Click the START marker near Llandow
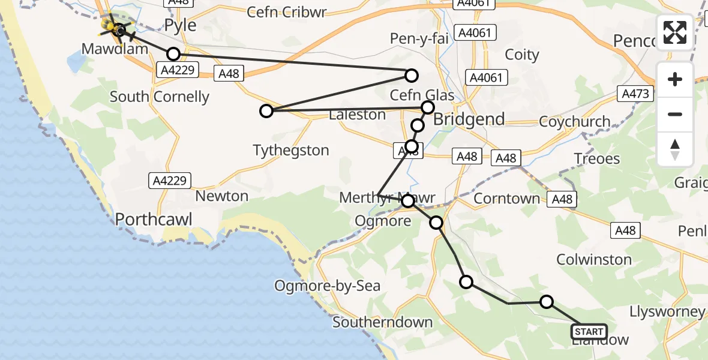coord(589,332)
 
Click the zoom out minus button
coord(675,114)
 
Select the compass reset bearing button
coord(675,149)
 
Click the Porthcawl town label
coord(154,220)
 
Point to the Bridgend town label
coord(469,119)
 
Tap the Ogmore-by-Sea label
coord(328,286)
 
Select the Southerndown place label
coord(382,322)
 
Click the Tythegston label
coord(291,150)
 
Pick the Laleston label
coord(358,114)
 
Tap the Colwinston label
coord(594,259)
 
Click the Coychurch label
coord(575,121)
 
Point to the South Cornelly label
coord(160,97)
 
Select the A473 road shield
coord(635,94)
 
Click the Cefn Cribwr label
coord(286,13)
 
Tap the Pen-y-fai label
coord(415,39)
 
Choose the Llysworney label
coord(667,311)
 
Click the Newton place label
coord(222,196)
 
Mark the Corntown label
coord(507,199)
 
